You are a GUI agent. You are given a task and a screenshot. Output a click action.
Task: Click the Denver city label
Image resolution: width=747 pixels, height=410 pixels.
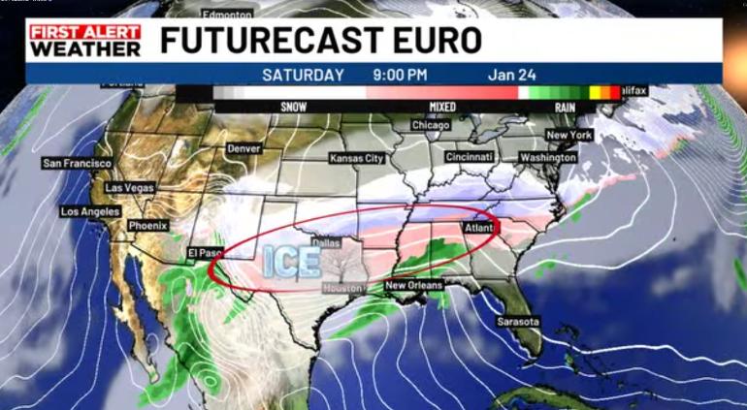coord(244,149)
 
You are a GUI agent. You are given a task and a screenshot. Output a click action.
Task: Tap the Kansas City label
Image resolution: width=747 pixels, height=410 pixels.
coord(357,158)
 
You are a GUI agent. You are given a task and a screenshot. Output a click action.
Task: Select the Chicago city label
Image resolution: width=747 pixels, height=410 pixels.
coord(431,125)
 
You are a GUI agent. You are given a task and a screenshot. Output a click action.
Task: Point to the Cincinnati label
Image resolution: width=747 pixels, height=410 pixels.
coord(471,157)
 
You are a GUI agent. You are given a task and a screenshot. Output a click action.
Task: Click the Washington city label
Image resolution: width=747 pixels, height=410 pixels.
coord(547,157)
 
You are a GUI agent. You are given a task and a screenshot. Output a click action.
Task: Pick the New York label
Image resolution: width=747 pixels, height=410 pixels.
coord(569,135)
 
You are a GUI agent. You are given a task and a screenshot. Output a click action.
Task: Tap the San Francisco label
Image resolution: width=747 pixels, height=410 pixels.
coord(77,164)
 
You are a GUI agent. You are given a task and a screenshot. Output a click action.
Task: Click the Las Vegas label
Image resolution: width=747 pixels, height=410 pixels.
coord(128,187)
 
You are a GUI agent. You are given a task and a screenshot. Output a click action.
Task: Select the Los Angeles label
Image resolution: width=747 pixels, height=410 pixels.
coord(90,211)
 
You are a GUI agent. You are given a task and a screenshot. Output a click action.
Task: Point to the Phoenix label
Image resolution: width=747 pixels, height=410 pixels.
coord(148,226)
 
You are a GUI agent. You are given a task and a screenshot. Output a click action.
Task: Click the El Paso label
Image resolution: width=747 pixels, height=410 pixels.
coord(206,253)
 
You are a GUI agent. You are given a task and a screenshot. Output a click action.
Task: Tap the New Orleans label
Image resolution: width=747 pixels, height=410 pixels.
coord(414,286)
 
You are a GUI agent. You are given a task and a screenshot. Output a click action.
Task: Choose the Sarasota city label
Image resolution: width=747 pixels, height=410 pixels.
coord(518,322)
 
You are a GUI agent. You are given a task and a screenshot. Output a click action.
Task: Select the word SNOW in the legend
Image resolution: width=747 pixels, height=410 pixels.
coord(294,107)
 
